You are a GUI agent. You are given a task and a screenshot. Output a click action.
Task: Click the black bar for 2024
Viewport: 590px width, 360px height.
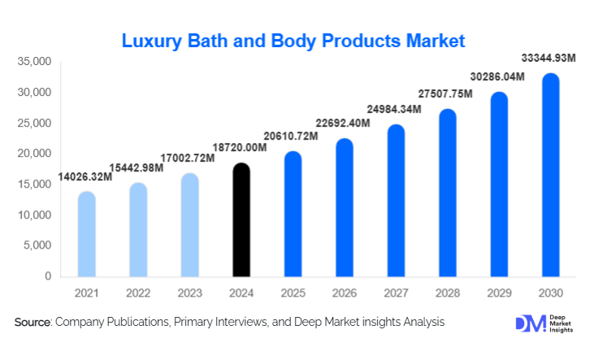(x=241, y=220)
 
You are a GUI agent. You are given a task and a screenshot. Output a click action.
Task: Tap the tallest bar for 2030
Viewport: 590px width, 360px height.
(x=550, y=175)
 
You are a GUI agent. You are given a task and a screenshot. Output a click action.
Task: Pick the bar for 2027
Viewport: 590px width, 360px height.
(x=396, y=201)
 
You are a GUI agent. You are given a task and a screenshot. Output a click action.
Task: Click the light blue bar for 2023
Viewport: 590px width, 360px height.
(x=190, y=225)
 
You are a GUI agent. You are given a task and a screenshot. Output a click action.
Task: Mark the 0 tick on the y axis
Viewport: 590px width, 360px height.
(x=48, y=276)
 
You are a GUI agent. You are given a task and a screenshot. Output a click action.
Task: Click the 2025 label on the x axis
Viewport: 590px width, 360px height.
(x=293, y=291)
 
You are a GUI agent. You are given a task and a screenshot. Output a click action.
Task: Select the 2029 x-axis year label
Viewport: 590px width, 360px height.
(x=498, y=291)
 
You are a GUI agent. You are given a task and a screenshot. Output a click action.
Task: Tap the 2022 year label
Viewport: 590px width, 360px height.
(x=138, y=291)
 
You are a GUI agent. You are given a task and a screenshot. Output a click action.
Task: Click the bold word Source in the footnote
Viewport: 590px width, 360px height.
(x=33, y=323)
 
